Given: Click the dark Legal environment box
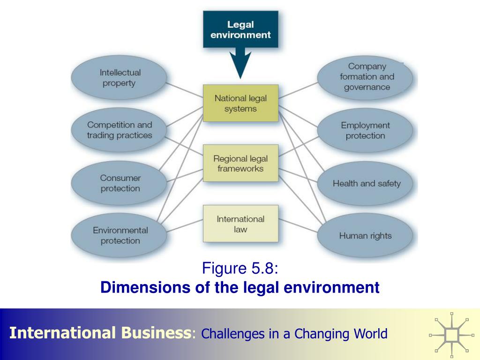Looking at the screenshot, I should tap(240, 29).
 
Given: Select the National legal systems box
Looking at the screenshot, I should tap(240, 103).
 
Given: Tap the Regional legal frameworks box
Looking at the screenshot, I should tap(240, 163).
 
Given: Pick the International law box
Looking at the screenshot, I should tap(240, 224).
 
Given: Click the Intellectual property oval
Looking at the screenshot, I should tap(119, 78).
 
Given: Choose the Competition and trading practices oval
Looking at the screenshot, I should tap(119, 130).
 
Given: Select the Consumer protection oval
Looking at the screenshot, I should tap(119, 183).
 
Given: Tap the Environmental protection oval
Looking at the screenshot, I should tap(119, 235).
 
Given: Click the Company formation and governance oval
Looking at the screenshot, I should tap(366, 77).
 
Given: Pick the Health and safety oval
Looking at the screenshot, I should tap(366, 183).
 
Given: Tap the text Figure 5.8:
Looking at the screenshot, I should tap(240, 269).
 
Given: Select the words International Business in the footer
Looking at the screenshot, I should tap(100, 333).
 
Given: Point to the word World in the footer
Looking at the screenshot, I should tap(370, 334).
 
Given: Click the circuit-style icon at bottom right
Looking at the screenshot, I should tap(452, 335).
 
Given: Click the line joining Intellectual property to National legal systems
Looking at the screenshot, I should tap(184, 90).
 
